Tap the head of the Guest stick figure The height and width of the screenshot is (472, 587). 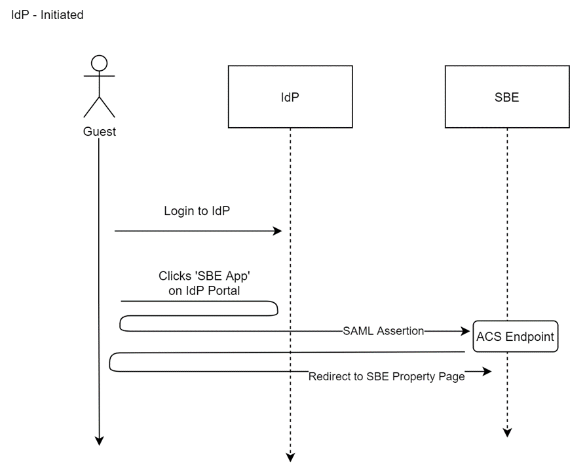[x=99, y=64]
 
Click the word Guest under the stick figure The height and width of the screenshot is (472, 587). [x=99, y=132]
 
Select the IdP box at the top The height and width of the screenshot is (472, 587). [x=290, y=96]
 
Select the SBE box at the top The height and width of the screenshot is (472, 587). [x=506, y=96]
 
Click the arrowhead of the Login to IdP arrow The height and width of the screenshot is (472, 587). [x=278, y=231]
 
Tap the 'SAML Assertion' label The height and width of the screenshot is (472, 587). [x=383, y=331]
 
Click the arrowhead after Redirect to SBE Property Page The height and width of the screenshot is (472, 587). [x=487, y=372]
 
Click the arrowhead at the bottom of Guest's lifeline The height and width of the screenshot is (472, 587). [x=99, y=441]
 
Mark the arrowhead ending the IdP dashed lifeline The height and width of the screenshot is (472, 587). [x=290, y=457]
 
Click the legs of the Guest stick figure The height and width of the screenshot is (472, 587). [x=99, y=106]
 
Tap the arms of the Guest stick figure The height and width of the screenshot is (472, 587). [x=99, y=77]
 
